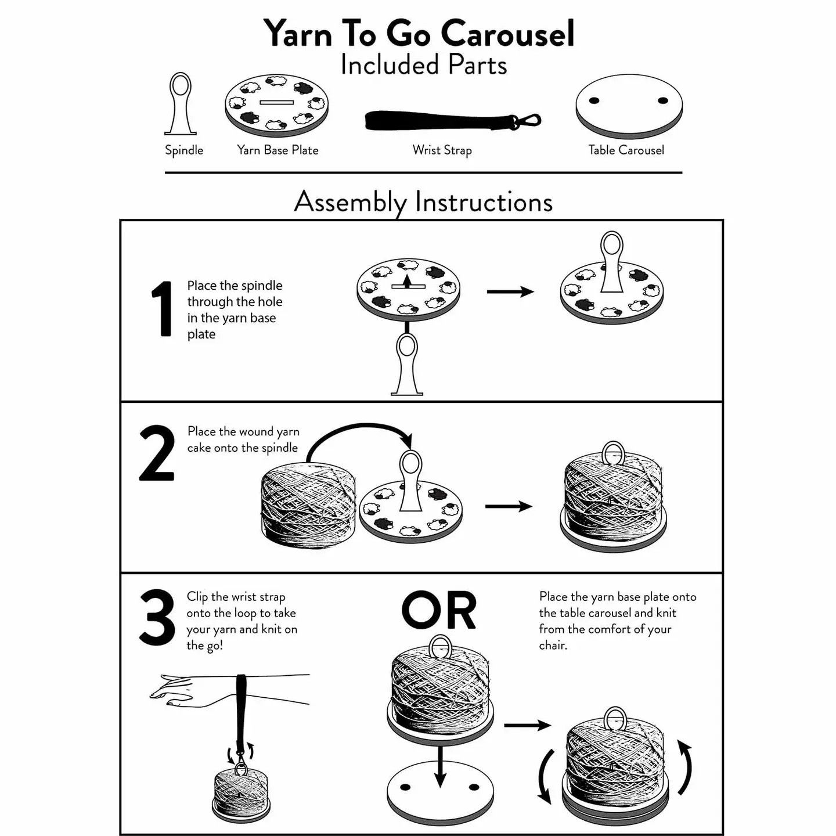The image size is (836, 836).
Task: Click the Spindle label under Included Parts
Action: click(x=184, y=150)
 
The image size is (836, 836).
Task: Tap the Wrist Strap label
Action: click(x=442, y=150)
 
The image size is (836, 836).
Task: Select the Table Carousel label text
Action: click(x=626, y=150)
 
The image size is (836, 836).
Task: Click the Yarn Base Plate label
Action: click(x=278, y=150)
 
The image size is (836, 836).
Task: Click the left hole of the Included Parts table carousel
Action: click(x=594, y=100)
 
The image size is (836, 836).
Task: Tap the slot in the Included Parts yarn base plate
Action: click(x=277, y=103)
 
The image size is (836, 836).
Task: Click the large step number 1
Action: click(x=162, y=309)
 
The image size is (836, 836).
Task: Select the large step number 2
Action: click(x=157, y=453)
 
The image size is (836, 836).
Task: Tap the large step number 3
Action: click(x=157, y=618)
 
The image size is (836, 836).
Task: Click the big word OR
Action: click(x=439, y=611)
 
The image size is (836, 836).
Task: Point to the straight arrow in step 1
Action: click(x=510, y=291)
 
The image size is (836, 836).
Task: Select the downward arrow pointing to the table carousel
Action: click(x=440, y=766)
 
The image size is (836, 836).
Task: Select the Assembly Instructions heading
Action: click(x=423, y=201)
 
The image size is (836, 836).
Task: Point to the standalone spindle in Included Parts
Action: click(x=181, y=105)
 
